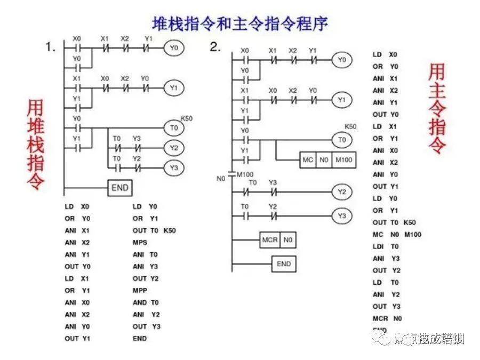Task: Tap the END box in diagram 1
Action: (120, 188)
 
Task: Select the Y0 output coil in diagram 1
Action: (173, 48)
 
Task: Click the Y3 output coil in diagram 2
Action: (341, 216)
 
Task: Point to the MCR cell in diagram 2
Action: (270, 240)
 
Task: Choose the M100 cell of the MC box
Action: (344, 160)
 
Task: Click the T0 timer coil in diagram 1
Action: (173, 128)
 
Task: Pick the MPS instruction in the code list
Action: (141, 243)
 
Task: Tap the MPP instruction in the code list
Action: (140, 291)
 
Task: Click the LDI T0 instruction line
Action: (386, 246)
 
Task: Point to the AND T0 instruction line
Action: (145, 302)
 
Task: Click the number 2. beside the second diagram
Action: (215, 47)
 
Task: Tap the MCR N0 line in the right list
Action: (387, 318)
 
